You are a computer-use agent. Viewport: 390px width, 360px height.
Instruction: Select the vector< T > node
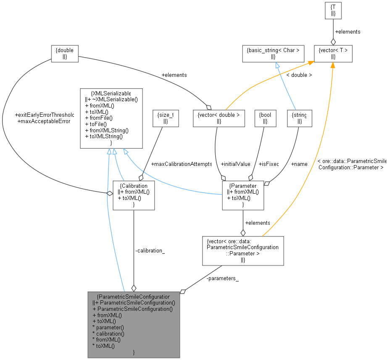[x=333, y=54]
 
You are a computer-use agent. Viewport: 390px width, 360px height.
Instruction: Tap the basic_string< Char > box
[x=273, y=54]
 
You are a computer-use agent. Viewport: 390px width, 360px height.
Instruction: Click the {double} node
[x=65, y=54]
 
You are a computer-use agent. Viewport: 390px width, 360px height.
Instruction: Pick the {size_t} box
[x=166, y=118]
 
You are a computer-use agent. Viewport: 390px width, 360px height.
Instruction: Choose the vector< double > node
[x=219, y=118]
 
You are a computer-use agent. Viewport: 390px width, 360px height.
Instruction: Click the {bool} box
[x=265, y=118]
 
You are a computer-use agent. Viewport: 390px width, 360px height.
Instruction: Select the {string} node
[x=299, y=118]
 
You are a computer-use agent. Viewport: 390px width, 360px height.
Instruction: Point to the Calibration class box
[x=134, y=195]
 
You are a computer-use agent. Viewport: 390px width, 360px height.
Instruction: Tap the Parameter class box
[x=243, y=195]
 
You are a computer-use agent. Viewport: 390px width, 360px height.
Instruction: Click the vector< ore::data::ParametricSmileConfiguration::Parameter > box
[x=243, y=251]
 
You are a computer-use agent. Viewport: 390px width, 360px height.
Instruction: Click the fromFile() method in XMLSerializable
[x=99, y=118]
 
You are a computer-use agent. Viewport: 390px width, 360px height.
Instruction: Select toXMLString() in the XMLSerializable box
[x=104, y=136]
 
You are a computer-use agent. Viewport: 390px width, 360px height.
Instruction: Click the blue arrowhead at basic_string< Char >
[x=277, y=65]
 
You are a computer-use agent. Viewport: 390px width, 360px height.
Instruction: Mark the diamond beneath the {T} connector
[x=333, y=42]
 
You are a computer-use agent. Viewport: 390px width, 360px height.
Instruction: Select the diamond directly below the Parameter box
[x=243, y=233]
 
